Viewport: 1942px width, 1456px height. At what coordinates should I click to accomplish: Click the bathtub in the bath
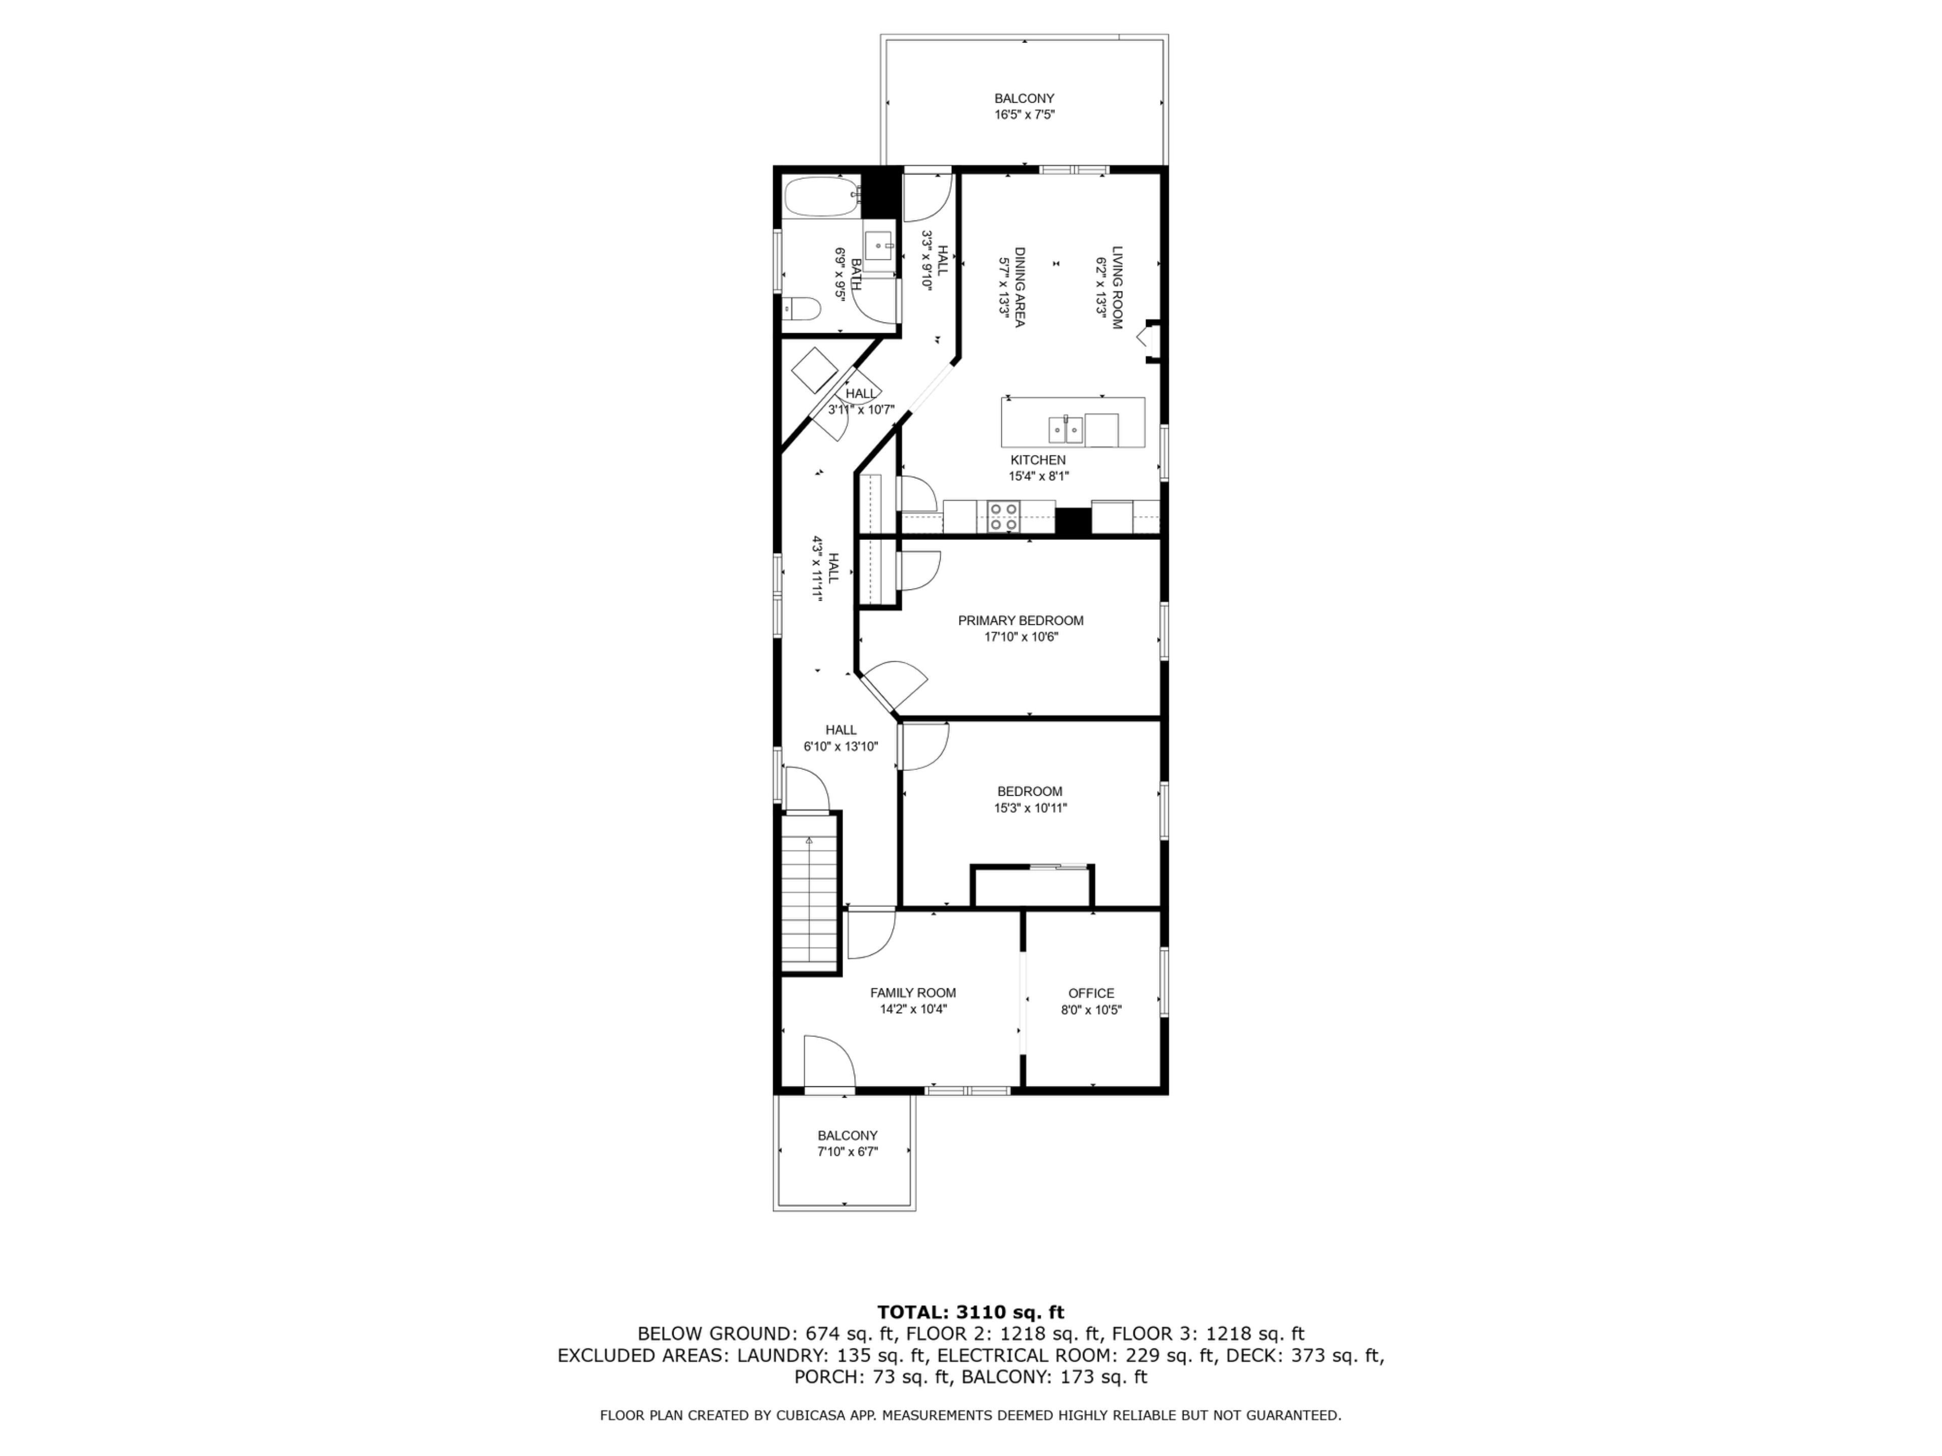(x=821, y=198)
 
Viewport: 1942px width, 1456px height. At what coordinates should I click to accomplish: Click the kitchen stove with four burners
(x=1002, y=516)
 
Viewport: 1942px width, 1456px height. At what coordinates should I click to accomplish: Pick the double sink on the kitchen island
(x=1066, y=429)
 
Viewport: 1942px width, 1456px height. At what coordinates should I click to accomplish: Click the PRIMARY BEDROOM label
(x=1020, y=620)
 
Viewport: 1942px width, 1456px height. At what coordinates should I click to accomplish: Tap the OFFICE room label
(x=1091, y=993)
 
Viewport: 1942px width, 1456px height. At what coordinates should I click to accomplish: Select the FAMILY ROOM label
(x=913, y=992)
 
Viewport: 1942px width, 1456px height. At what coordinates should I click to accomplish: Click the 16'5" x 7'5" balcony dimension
(x=1025, y=115)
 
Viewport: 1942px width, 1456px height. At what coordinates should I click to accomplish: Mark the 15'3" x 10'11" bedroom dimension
(x=1030, y=808)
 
